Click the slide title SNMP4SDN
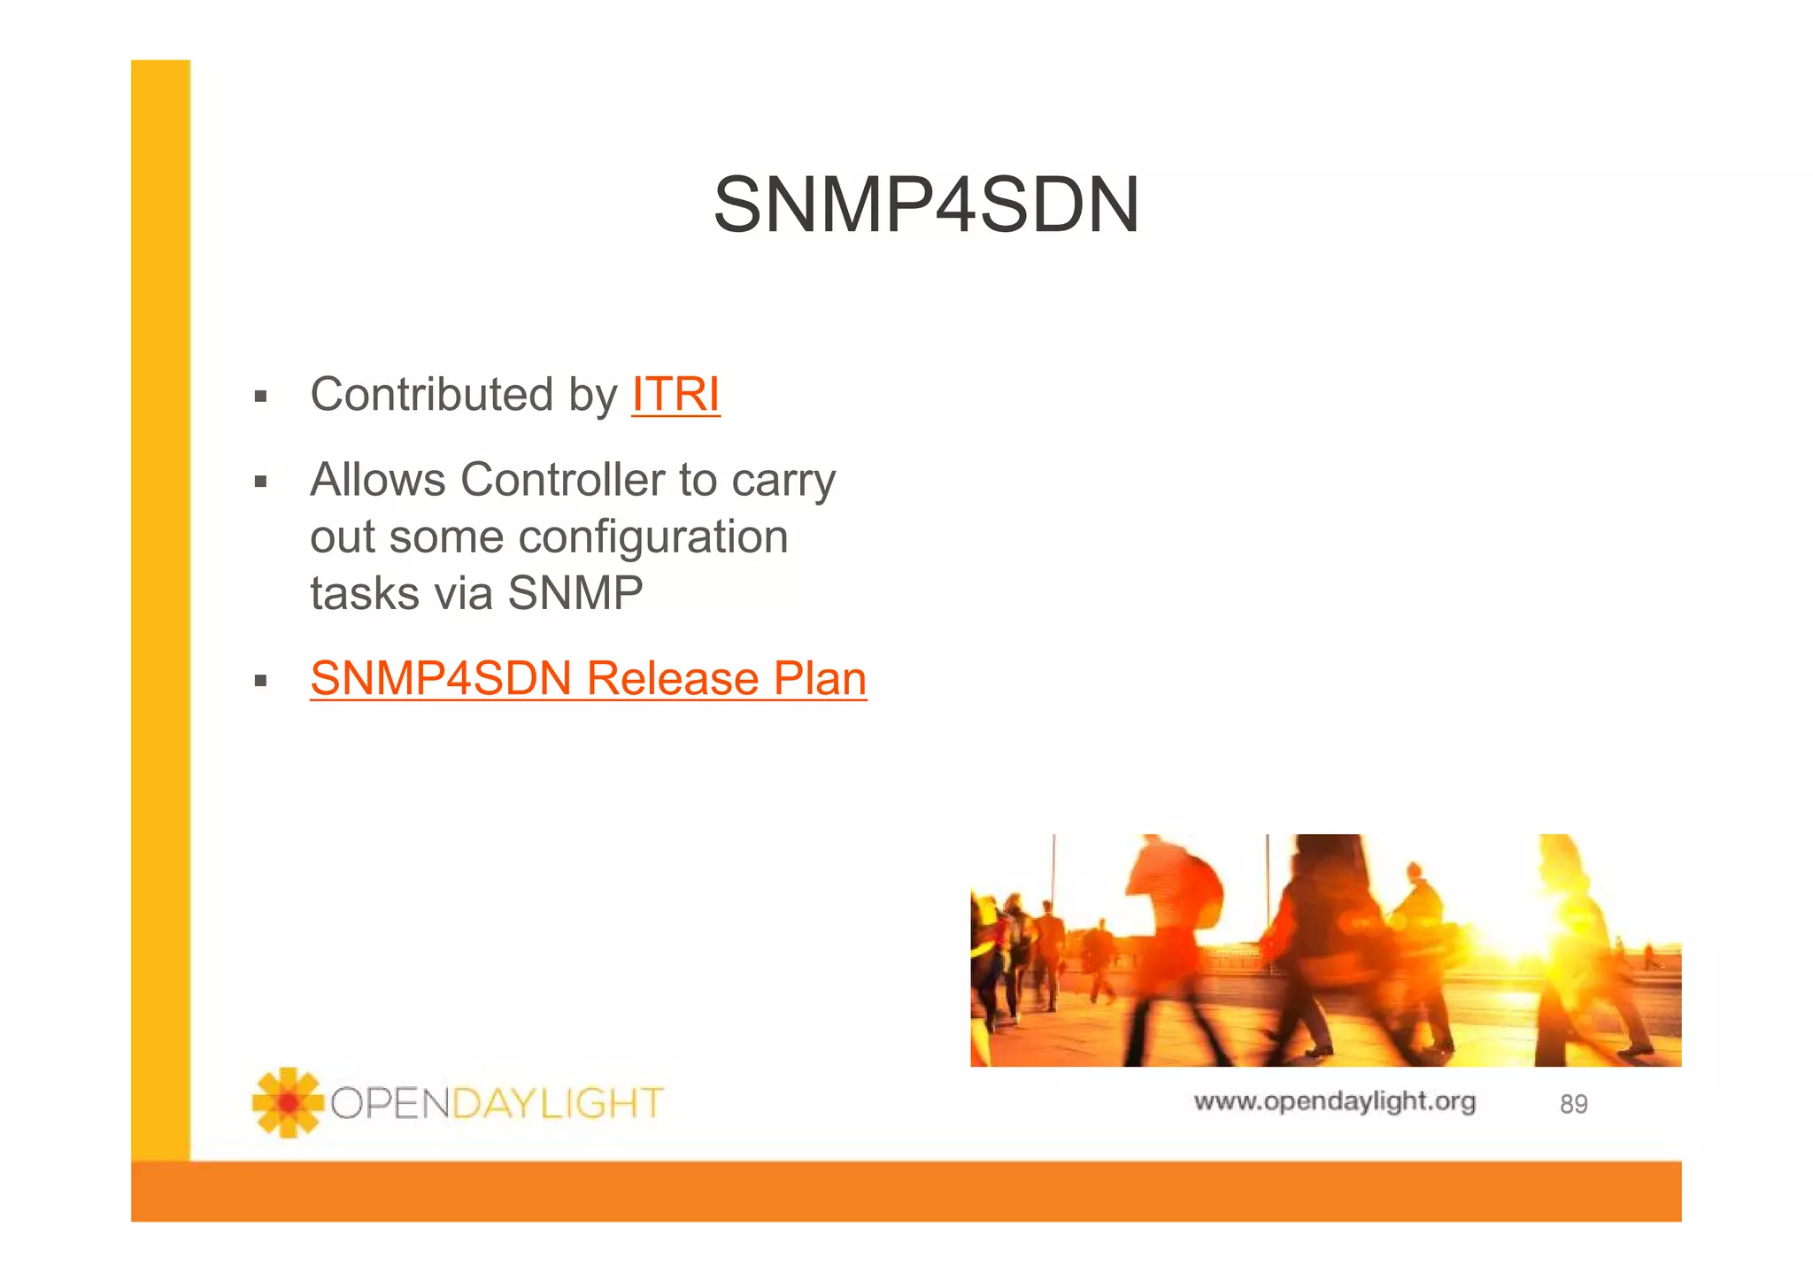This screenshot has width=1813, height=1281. click(926, 205)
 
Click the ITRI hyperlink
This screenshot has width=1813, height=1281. click(675, 395)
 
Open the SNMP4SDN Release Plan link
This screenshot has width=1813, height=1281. click(588, 679)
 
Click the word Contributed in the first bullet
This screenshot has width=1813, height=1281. click(431, 395)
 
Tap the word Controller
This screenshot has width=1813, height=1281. click(562, 480)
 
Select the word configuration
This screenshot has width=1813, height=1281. click(652, 537)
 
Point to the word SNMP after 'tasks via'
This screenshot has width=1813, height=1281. click(575, 593)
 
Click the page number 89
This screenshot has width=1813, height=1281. click(1573, 1104)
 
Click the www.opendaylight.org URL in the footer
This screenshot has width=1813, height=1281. click(1334, 1101)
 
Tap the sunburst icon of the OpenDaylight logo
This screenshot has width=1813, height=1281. click(287, 1102)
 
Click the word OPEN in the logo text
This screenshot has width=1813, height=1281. click(390, 1104)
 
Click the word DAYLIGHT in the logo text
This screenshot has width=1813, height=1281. click(557, 1104)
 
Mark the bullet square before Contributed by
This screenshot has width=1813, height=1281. click(260, 397)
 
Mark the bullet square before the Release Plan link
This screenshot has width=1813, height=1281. click(260, 681)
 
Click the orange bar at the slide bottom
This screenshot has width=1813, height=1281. click(906, 1192)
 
